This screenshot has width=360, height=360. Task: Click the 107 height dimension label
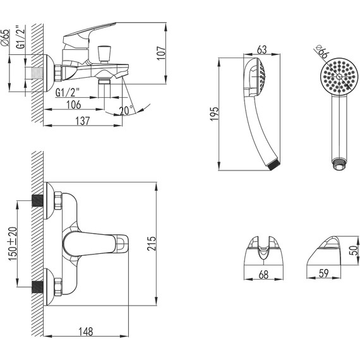pyautogui.click(x=162, y=53)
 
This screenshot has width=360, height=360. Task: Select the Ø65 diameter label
pyautogui.click(x=6, y=38)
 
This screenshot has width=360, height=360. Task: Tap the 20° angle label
pyautogui.click(x=126, y=110)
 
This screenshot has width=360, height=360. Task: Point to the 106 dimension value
pyautogui.click(x=74, y=105)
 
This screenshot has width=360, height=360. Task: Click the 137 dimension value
pyautogui.click(x=83, y=121)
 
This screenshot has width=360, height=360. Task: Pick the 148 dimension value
pyautogui.click(x=86, y=332)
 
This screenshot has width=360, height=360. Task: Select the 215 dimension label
pyautogui.click(x=152, y=244)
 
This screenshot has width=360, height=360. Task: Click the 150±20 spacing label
pyautogui.click(x=13, y=244)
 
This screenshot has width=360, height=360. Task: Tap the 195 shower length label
pyautogui.click(x=214, y=114)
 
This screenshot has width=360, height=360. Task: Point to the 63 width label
pyautogui.click(x=262, y=50)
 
